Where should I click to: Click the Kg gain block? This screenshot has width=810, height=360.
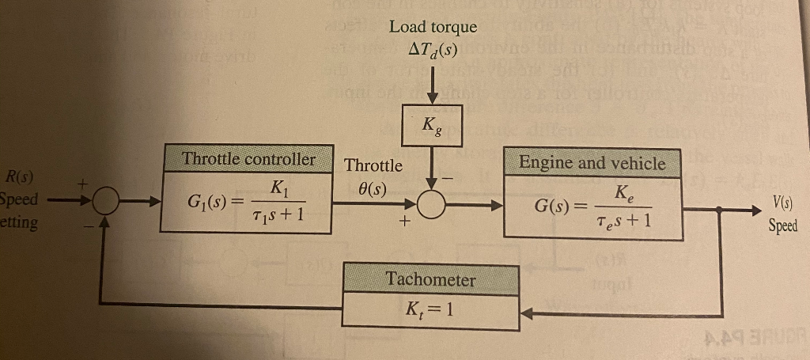pos(431,125)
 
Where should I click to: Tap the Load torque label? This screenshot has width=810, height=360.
pos(433,27)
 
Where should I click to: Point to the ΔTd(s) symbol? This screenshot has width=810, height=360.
pos(433,49)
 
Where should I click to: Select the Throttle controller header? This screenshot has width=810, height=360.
pos(248,159)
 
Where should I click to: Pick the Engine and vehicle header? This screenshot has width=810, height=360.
pos(592,163)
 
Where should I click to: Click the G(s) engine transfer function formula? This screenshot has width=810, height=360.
pos(592,209)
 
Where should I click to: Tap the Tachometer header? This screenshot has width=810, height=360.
pos(430,279)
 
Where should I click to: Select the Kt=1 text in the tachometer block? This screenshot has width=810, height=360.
pos(430,309)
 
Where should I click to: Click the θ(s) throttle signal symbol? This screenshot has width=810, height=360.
pos(372,189)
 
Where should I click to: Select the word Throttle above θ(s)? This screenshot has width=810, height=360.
pos(373,166)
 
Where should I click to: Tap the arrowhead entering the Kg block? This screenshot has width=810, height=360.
pos(431,97)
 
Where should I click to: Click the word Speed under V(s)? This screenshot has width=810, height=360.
pos(782,225)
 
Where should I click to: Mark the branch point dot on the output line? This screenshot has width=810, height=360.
pos(719,211)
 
